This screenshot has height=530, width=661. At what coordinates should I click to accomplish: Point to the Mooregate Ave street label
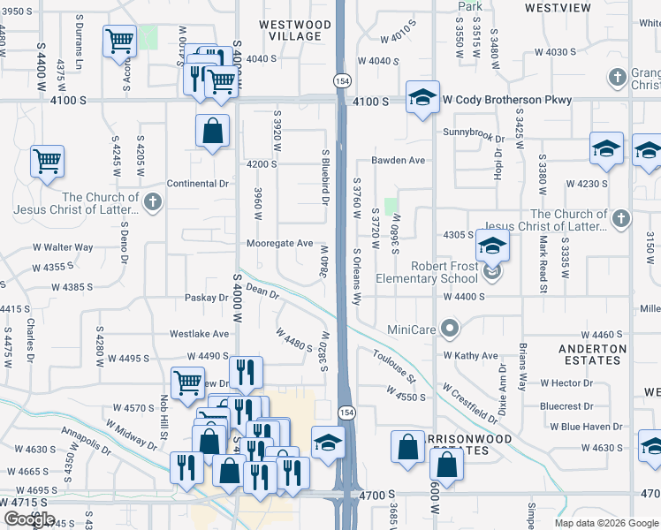[x=280, y=243]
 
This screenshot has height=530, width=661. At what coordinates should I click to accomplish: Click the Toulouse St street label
[x=394, y=366]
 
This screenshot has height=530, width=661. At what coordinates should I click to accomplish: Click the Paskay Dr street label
[x=207, y=298]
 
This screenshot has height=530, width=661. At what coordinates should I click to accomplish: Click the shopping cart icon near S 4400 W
[x=47, y=161]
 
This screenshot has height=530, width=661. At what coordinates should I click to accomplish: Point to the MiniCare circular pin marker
[x=450, y=330]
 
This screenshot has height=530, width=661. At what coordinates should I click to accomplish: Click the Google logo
[x=29, y=519]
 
